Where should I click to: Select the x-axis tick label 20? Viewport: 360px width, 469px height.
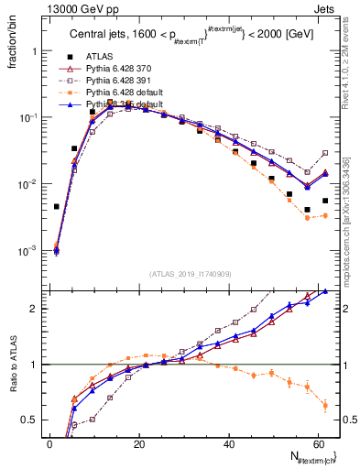(138, 444)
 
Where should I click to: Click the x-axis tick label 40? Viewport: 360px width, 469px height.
(228, 444)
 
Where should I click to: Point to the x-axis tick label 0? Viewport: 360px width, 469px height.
(49, 444)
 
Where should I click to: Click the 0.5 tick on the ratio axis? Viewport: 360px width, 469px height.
(30, 420)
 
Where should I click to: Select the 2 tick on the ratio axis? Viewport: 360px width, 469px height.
(34, 309)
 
